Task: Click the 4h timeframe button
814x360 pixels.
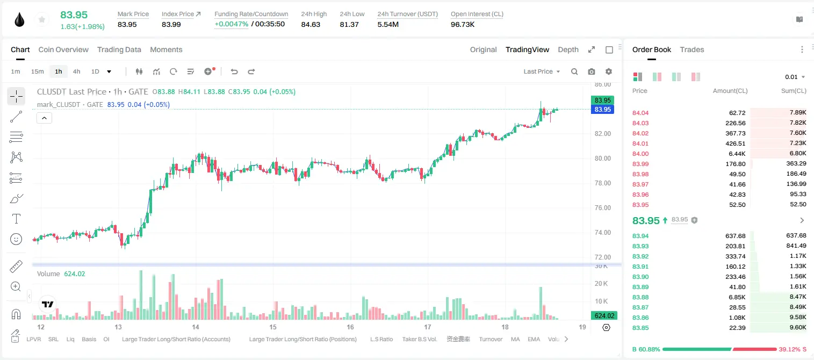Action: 76,71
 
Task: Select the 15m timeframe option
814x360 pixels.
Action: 38,71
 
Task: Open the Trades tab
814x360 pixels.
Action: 692,49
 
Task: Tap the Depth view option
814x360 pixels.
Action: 568,49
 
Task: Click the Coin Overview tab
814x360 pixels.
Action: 63,49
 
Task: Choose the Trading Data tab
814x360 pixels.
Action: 119,49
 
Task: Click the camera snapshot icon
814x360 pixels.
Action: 591,71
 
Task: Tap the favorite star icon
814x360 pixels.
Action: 42,20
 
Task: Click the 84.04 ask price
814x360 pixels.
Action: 640,113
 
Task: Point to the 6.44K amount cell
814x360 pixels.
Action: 737,154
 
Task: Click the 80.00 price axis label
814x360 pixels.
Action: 602,159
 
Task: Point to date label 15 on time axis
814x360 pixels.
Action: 273,327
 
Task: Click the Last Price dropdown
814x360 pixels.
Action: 542,71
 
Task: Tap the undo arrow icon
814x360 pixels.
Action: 234,71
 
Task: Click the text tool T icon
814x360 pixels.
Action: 16,219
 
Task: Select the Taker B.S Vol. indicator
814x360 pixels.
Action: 419,339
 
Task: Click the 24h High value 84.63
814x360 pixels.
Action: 311,24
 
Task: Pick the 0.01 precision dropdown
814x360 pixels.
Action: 795,77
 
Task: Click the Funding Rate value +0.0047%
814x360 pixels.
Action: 232,24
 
